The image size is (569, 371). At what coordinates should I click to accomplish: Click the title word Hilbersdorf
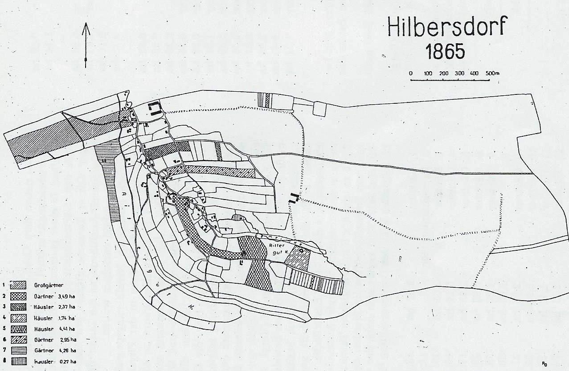(447, 28)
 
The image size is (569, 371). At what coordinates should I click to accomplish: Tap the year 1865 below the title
(445, 52)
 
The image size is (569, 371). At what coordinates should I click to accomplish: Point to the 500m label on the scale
(493, 73)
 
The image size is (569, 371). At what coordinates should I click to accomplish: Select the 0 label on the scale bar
(411, 73)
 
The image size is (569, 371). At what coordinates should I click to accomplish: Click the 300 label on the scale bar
(459, 73)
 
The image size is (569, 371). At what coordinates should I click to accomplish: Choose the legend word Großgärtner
(47, 285)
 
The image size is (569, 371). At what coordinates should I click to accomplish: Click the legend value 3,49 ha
(66, 295)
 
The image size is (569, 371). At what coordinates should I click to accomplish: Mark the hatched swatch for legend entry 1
(19, 285)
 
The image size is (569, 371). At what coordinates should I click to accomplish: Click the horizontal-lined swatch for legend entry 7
(19, 351)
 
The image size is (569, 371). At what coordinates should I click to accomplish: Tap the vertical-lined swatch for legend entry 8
(19, 361)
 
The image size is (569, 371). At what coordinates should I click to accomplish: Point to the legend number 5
(4, 329)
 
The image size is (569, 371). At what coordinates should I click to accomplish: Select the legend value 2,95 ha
(67, 339)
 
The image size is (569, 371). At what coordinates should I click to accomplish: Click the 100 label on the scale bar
(428, 73)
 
